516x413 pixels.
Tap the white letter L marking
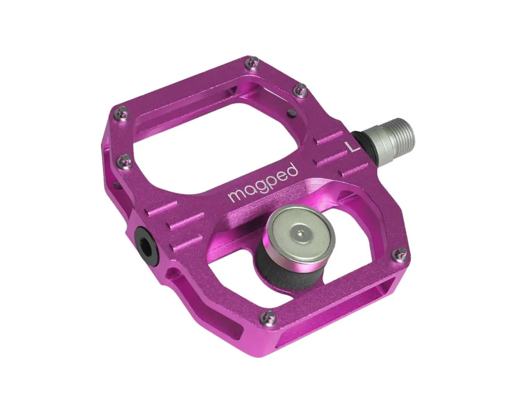pos(353,146)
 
